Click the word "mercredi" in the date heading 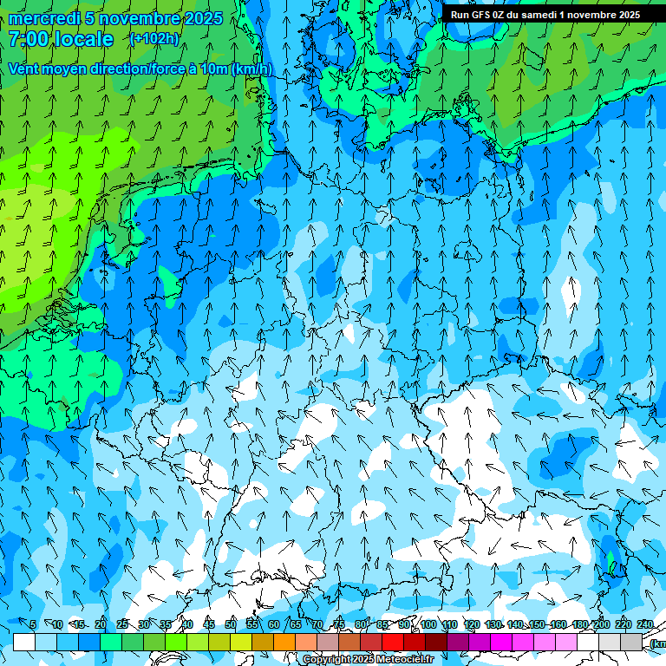tap(44, 18)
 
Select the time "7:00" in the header tap(27, 39)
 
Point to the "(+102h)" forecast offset tap(154, 39)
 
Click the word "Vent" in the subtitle tap(24, 69)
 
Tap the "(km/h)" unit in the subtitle tap(251, 69)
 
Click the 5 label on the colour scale tap(32, 625)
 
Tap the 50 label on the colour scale tap(230, 625)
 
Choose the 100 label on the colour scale tap(428, 625)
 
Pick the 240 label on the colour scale tap(645, 625)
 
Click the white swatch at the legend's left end tap(24, 642)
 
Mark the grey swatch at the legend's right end tap(631, 642)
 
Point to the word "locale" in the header tap(82, 39)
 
